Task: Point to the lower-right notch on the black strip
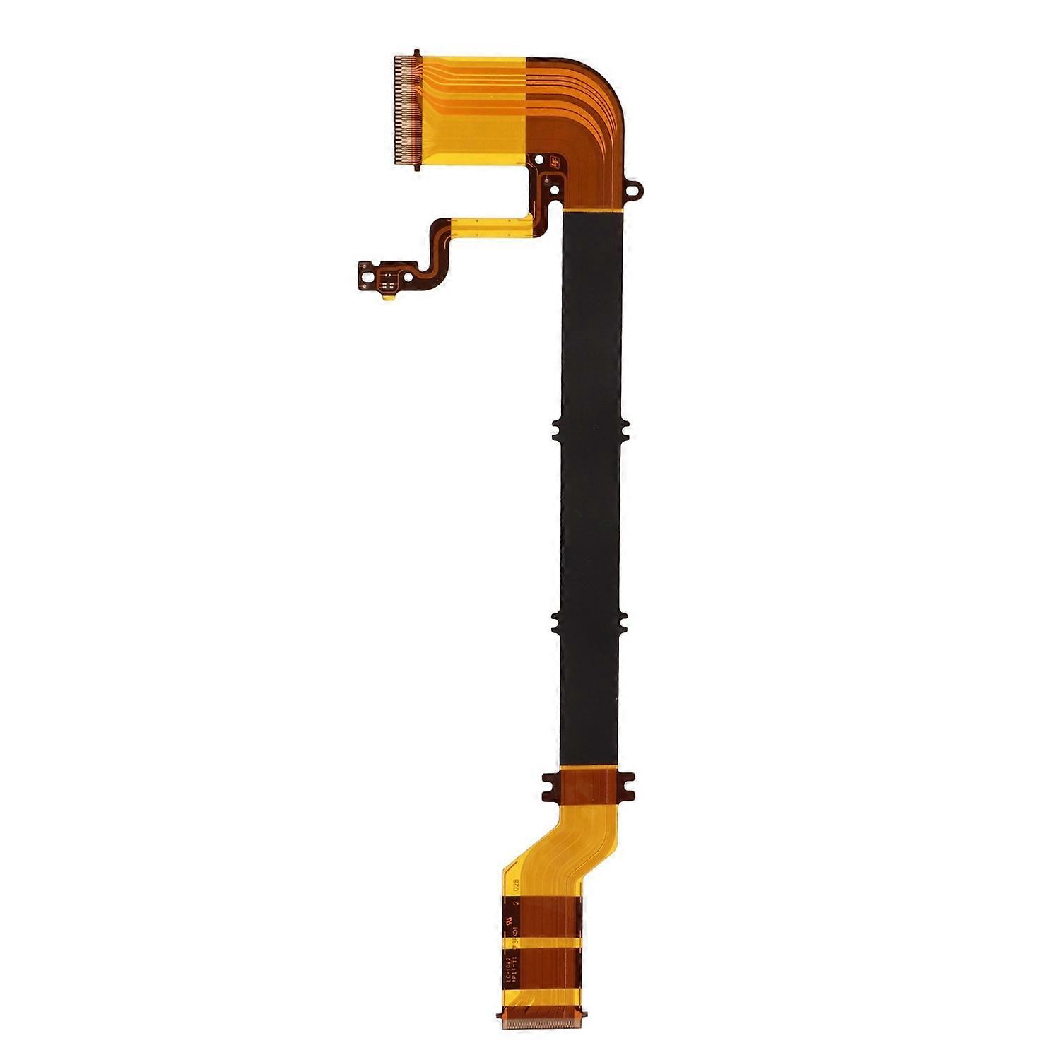(x=623, y=621)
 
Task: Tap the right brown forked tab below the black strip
(x=627, y=787)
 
